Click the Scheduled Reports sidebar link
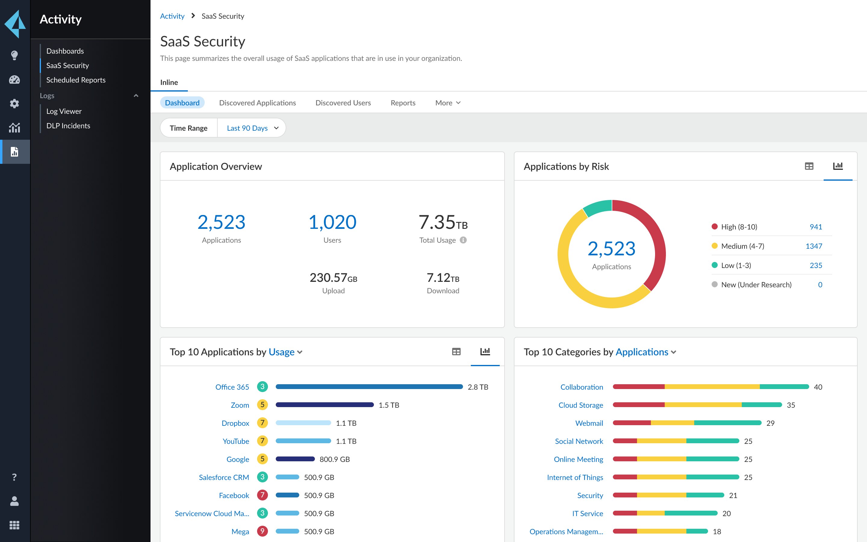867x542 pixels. click(76, 80)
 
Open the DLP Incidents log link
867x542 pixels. click(68, 126)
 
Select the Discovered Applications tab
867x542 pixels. click(257, 103)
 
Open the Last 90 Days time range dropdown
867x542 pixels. click(252, 128)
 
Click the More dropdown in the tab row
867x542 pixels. click(447, 103)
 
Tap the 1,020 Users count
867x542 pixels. click(332, 222)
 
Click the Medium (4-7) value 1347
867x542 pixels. click(814, 246)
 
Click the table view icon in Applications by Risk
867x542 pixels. click(809, 166)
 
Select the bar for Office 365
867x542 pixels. click(369, 387)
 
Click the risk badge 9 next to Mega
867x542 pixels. click(262, 531)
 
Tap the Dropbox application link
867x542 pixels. click(235, 423)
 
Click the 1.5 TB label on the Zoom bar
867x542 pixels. click(389, 405)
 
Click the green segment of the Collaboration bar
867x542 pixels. click(784, 387)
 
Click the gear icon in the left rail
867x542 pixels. click(14, 104)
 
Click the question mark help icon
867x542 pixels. click(14, 477)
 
